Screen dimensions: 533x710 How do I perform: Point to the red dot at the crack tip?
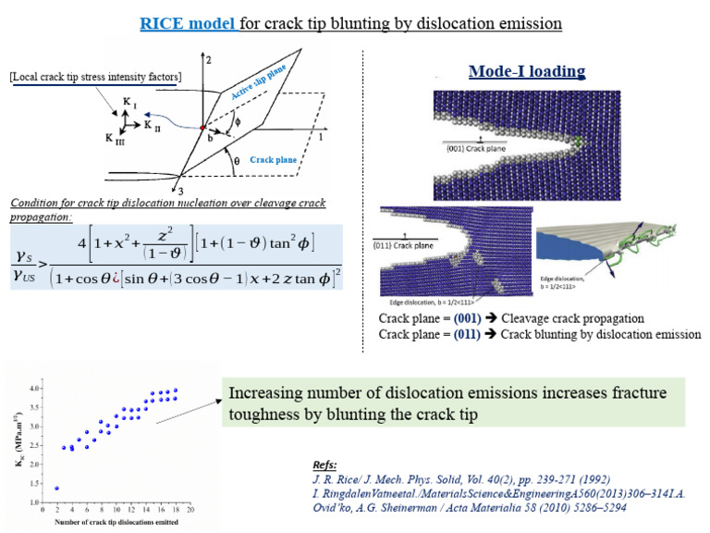[x=202, y=127]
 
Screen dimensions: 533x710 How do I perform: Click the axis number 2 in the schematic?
[x=210, y=60]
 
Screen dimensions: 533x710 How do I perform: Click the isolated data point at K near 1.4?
[x=57, y=488]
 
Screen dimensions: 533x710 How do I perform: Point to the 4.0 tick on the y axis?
[x=34, y=389]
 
